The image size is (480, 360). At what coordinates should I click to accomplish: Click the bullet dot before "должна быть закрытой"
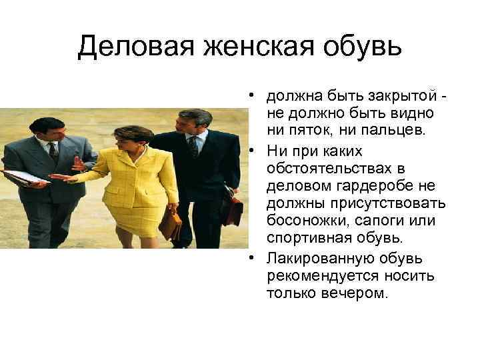[x=256, y=94]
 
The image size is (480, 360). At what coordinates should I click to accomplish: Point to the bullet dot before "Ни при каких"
[x=256, y=151]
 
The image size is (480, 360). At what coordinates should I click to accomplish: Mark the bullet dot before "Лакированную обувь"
[x=256, y=259]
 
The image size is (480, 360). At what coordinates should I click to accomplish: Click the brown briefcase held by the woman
[x=171, y=224]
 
